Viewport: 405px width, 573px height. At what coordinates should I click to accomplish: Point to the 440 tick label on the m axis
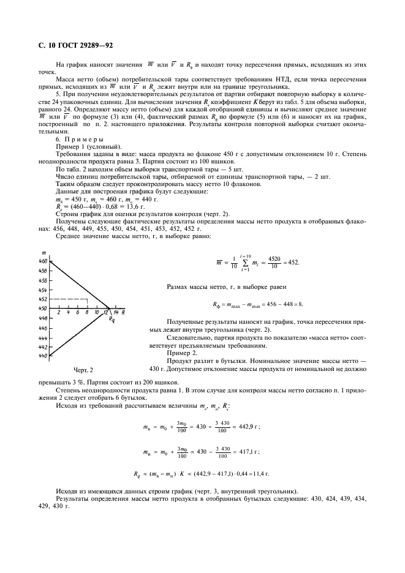[x=42, y=356]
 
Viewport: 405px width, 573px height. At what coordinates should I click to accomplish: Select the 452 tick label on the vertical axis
[x=42, y=299]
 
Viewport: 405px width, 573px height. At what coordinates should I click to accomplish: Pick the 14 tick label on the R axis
[x=116, y=313]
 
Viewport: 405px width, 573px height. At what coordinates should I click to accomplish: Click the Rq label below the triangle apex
[x=111, y=320]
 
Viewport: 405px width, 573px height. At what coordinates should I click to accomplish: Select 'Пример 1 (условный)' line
[x=88, y=147]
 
